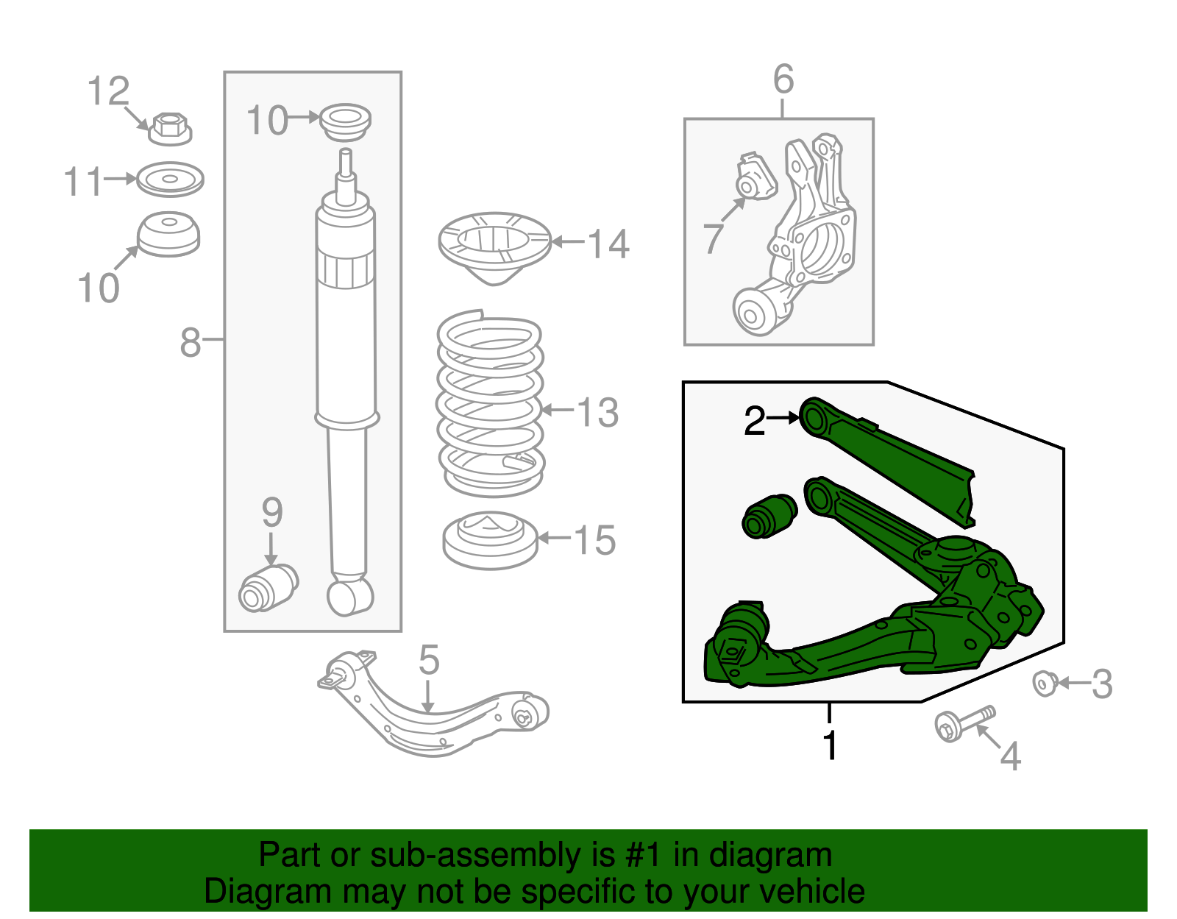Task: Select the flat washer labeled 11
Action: click(x=170, y=179)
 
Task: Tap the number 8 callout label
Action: click(x=190, y=342)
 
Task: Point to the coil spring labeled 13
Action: click(x=490, y=405)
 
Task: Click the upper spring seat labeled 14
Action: click(x=494, y=247)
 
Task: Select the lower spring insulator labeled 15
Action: click(x=490, y=542)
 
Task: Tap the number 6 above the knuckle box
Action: click(x=783, y=79)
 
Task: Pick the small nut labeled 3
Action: click(x=1044, y=684)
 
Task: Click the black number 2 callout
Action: click(x=754, y=422)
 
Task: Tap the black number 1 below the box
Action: click(x=830, y=745)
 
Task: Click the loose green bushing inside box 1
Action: click(x=769, y=516)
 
